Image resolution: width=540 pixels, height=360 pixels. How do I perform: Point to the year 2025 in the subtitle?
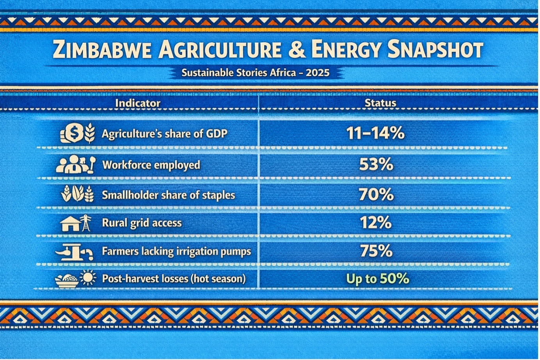pyautogui.click(x=318, y=73)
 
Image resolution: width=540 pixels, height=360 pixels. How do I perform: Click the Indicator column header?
pyautogui.click(x=138, y=103)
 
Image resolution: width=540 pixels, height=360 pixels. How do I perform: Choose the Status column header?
pyautogui.click(x=380, y=103)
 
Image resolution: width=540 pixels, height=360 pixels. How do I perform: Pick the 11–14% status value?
pyautogui.click(x=375, y=134)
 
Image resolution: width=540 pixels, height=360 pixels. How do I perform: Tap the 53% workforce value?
pyautogui.click(x=376, y=165)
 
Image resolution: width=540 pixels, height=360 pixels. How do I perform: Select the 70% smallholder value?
pyautogui.click(x=376, y=194)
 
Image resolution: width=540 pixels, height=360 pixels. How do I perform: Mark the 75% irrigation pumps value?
pyautogui.click(x=376, y=251)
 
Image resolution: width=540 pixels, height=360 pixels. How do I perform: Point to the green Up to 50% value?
pyautogui.click(x=377, y=279)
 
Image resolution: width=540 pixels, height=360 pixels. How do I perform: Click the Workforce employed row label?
pyautogui.click(x=151, y=165)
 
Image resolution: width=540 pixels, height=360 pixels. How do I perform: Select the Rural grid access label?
pyautogui.click(x=142, y=223)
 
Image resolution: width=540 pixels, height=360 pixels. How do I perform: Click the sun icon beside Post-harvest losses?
pyautogui.click(x=87, y=279)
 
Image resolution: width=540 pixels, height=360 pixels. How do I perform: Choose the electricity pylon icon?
pyautogui.click(x=85, y=223)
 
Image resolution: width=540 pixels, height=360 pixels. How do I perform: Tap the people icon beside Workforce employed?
pyautogui.click(x=70, y=165)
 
